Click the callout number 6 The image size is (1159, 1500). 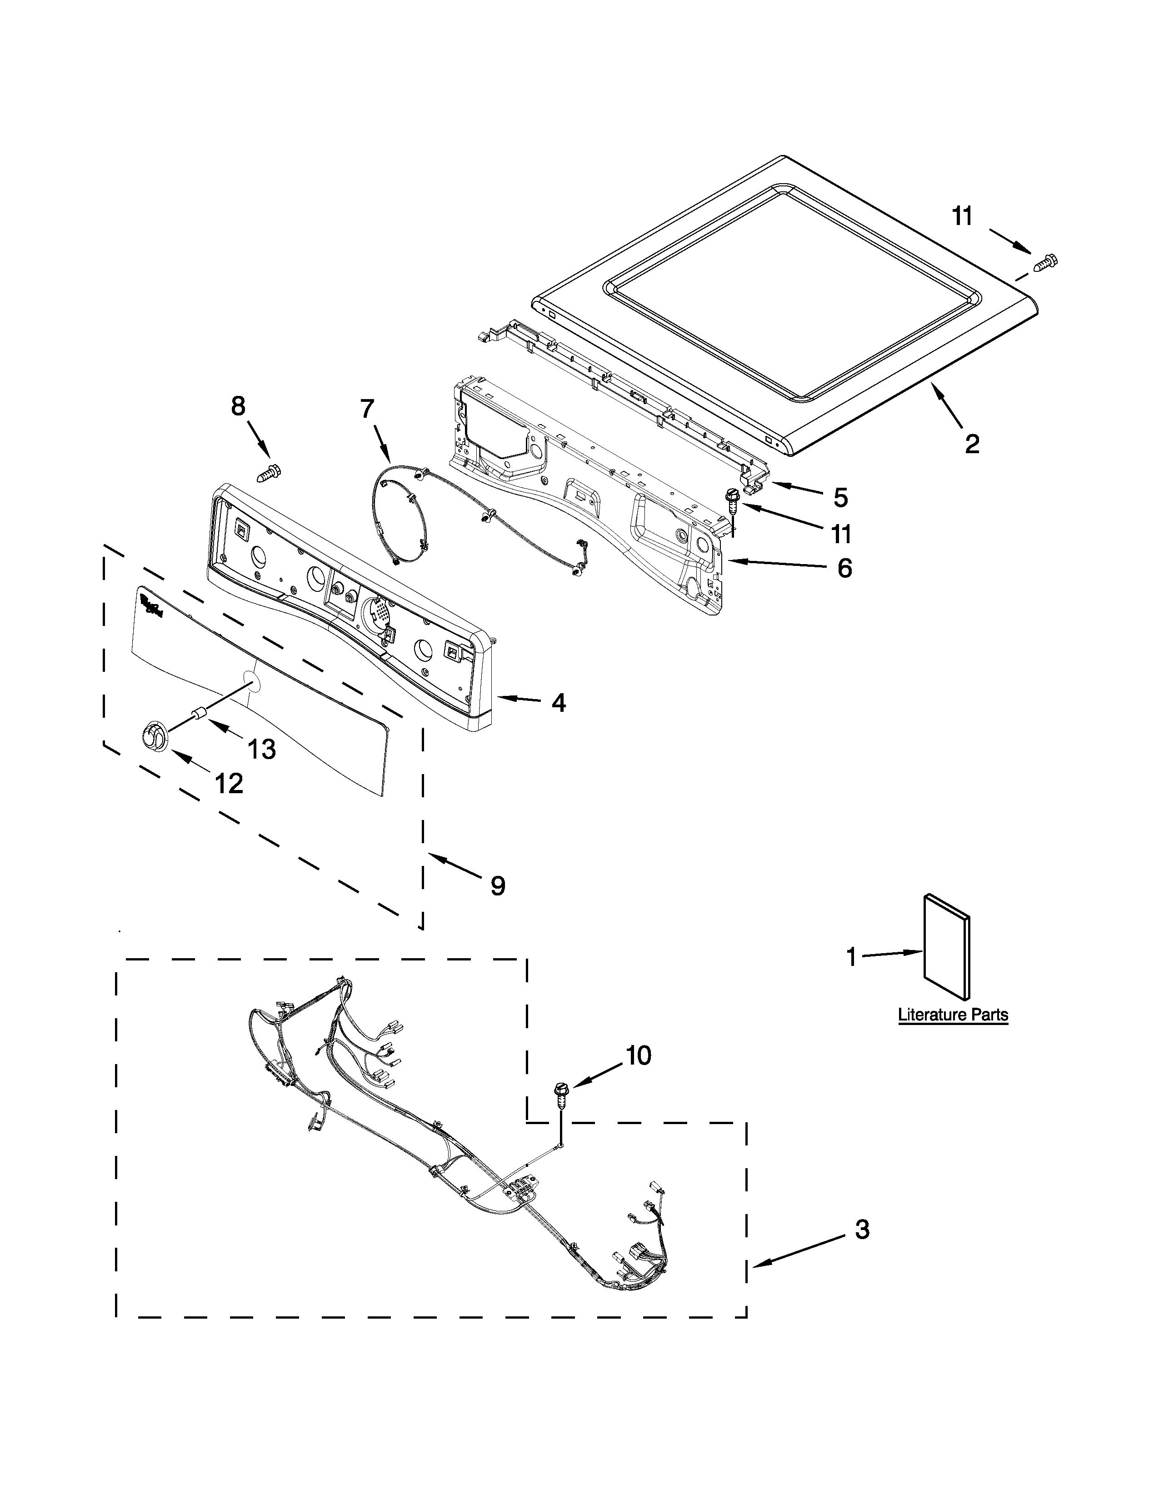pos(844,568)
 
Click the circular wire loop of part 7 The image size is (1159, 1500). pos(402,512)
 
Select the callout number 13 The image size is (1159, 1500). pos(262,749)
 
